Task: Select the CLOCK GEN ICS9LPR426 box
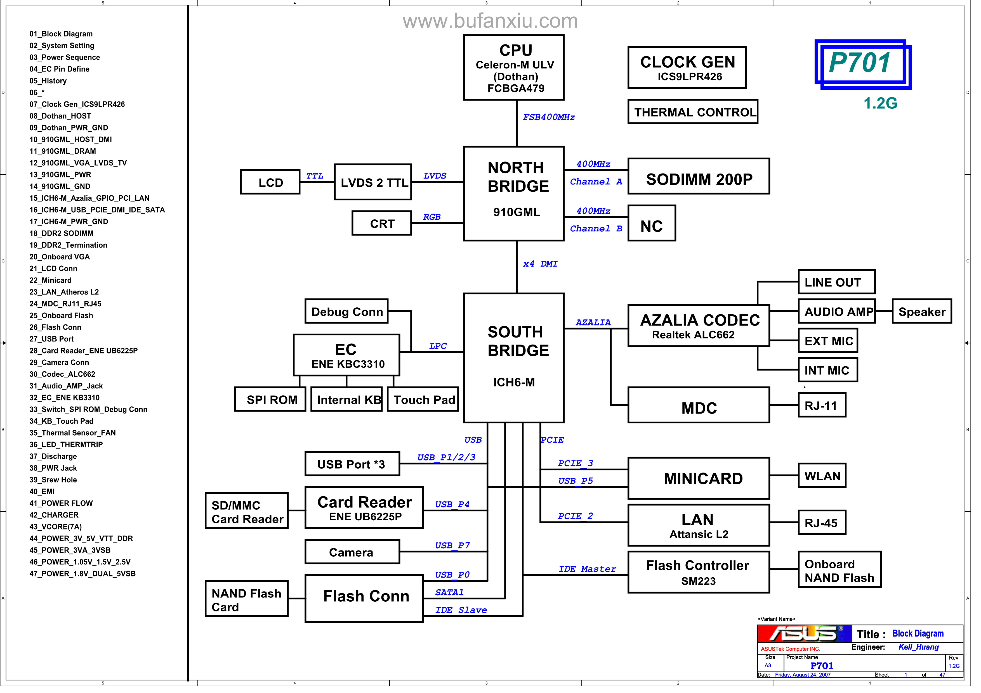tap(694, 68)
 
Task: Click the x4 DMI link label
tap(546, 266)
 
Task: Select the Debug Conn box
tap(350, 314)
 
